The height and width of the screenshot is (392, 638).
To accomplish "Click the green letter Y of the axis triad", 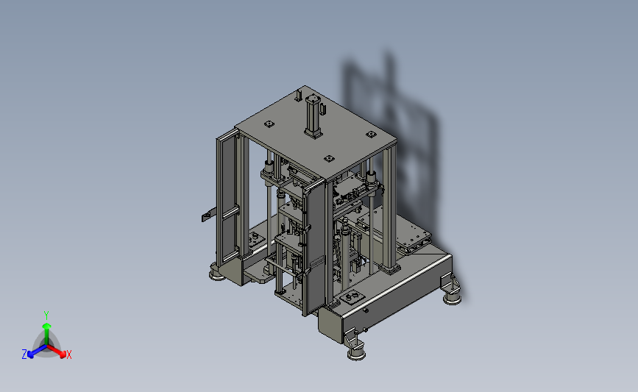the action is (x=46, y=316).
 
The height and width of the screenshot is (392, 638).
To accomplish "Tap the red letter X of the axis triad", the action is (x=68, y=354).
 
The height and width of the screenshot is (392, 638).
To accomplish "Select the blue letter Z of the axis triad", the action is (x=24, y=354).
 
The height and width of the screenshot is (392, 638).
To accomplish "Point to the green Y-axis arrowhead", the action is (x=46, y=326).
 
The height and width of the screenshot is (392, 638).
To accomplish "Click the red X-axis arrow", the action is (x=56, y=352).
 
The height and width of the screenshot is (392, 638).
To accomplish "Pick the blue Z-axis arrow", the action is (x=37, y=352).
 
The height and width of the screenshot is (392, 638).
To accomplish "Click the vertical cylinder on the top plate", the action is (x=313, y=116).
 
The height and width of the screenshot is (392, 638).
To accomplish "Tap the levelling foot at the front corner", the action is (x=356, y=352).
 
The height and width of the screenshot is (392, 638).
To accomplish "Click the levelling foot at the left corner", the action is (x=217, y=274).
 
